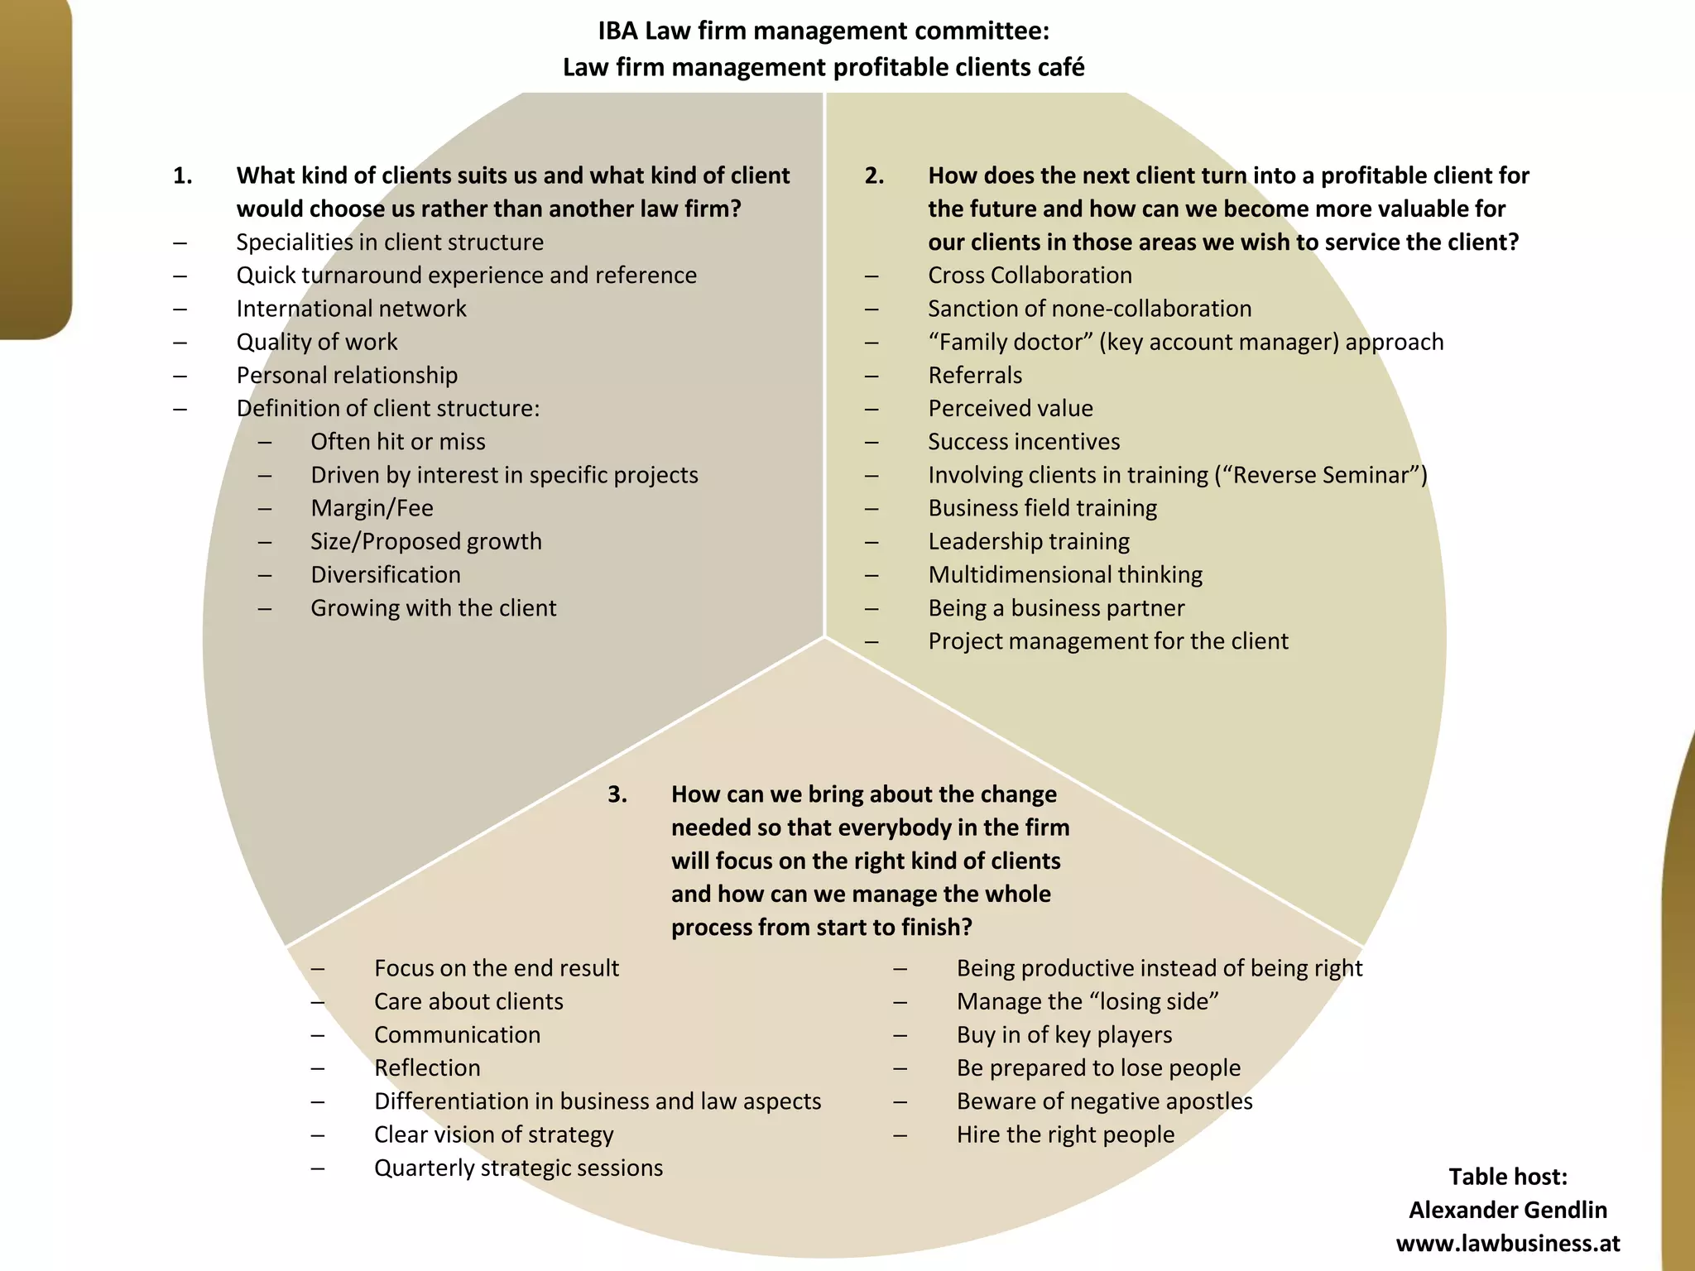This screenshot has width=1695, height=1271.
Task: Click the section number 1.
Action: [x=182, y=175]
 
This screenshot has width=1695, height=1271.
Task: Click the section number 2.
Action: [x=874, y=175]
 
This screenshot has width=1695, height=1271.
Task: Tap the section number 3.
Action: [x=617, y=794]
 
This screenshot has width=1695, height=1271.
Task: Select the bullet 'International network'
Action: [x=351, y=309]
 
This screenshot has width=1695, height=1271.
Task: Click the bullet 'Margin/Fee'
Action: [x=372, y=508]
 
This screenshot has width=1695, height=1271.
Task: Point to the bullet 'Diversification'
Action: [x=386, y=574]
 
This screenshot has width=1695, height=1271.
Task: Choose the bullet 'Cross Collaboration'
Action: [x=1030, y=276]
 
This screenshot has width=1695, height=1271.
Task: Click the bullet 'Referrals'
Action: [x=975, y=375]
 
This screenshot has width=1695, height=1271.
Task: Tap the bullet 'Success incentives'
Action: [x=1024, y=442]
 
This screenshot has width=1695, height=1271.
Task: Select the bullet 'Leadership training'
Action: [x=1029, y=541]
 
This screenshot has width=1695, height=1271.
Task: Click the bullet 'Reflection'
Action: [x=427, y=1067]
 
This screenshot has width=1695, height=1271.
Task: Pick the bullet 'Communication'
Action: [x=457, y=1034]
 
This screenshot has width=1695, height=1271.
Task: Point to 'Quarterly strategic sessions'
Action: [x=518, y=1168]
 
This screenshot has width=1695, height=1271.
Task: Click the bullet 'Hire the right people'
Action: [x=1065, y=1134]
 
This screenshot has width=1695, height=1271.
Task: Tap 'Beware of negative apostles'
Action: [x=1104, y=1101]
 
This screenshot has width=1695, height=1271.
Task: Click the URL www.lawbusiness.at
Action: [x=1507, y=1243]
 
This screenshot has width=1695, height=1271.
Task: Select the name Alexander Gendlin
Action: [x=1507, y=1210]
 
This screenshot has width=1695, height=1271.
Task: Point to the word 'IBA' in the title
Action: [x=617, y=31]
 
